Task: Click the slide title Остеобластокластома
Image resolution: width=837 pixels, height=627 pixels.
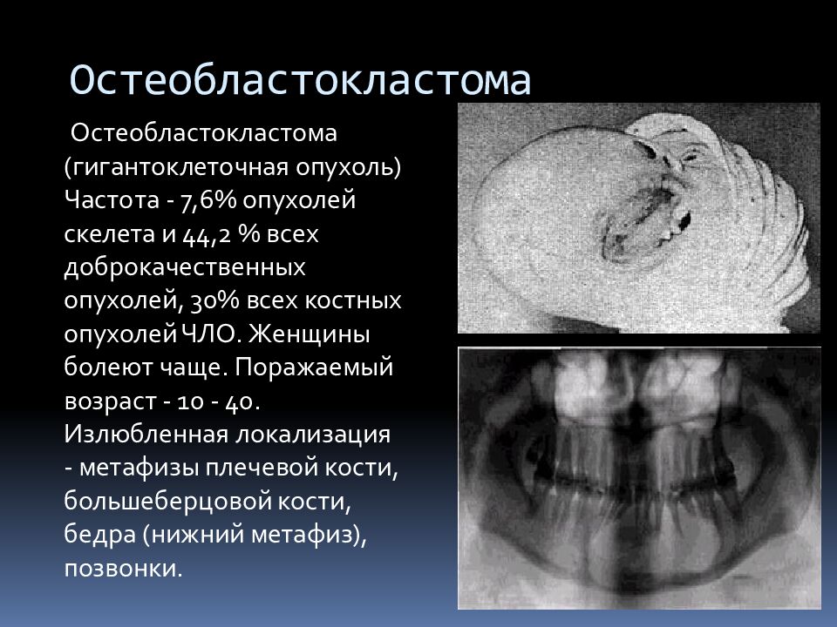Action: (300, 79)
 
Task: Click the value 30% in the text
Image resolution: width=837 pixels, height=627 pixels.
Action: (213, 301)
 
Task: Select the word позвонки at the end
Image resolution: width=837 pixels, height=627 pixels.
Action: (123, 569)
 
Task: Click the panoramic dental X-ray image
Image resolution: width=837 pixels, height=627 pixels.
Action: (639, 478)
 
